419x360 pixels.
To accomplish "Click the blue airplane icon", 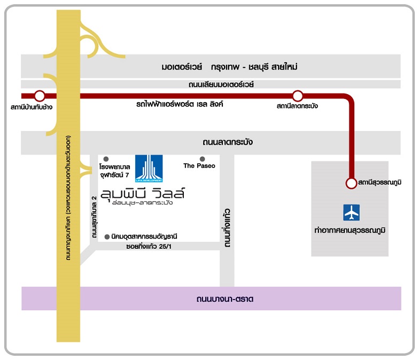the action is pyautogui.click(x=352, y=213).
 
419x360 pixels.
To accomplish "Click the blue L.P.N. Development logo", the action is pyautogui.click(x=149, y=168).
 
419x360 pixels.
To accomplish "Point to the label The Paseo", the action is pyautogui.click(x=199, y=166).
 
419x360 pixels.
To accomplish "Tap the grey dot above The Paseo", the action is pyautogui.click(x=202, y=159).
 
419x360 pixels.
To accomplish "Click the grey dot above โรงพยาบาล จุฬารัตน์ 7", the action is pyautogui.click(x=106, y=159).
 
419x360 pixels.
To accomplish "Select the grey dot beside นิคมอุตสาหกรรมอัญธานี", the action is pyautogui.click(x=107, y=236).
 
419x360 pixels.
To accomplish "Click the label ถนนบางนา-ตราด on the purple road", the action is pyautogui.click(x=224, y=298).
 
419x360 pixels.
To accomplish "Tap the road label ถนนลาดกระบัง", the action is pyautogui.click(x=228, y=142).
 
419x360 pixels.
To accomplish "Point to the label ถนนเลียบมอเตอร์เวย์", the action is pyautogui.click(x=221, y=85).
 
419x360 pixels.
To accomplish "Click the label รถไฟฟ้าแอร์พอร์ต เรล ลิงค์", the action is pyautogui.click(x=180, y=104).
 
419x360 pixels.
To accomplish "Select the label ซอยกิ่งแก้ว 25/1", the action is pyautogui.click(x=149, y=246).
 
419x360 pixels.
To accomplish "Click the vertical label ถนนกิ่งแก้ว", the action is pyautogui.click(x=227, y=228).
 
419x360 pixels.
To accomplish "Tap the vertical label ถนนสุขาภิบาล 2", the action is pyautogui.click(x=94, y=217).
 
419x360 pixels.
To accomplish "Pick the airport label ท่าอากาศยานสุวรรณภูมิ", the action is pyautogui.click(x=350, y=230).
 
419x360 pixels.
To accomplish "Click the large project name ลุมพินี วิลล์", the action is pyautogui.click(x=142, y=193).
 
